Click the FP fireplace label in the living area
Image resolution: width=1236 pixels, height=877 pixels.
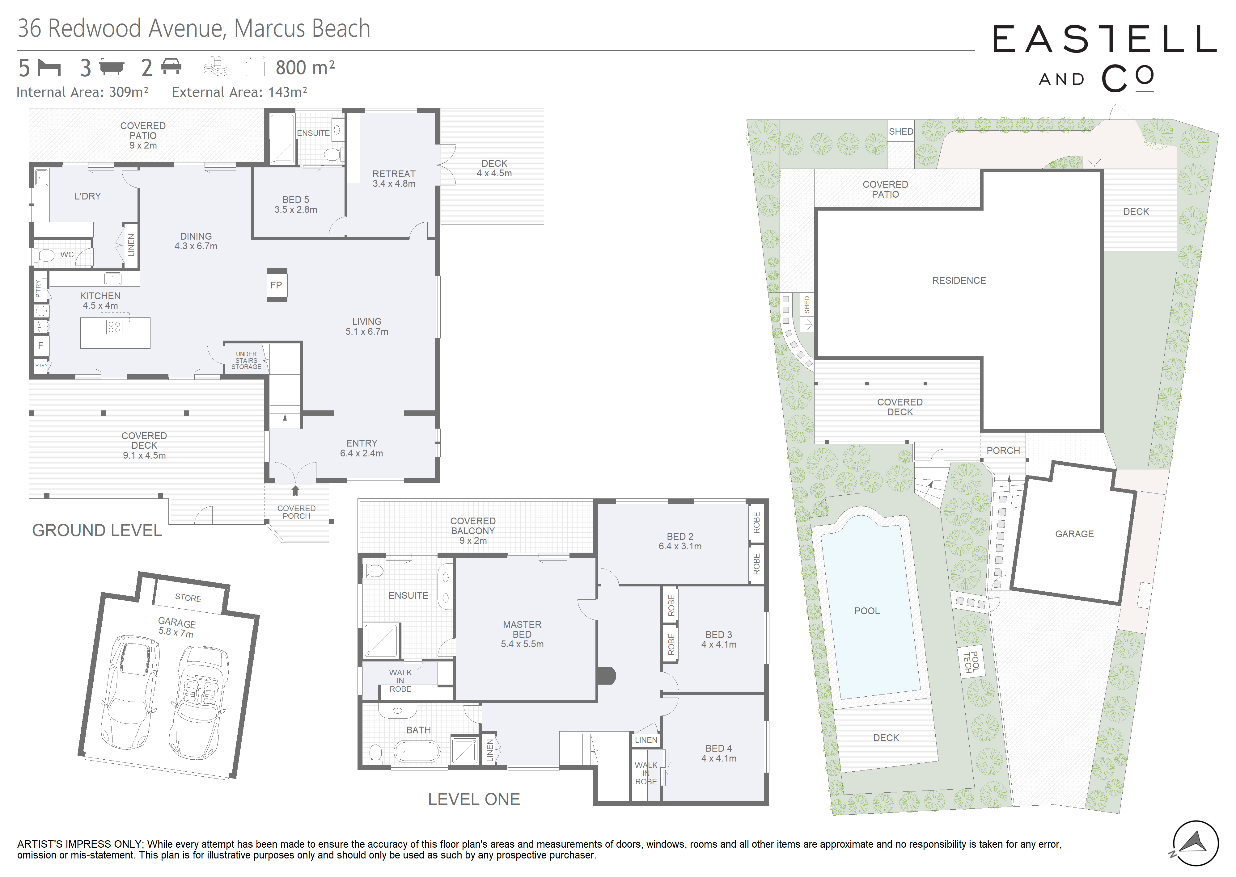pyautogui.click(x=276, y=285)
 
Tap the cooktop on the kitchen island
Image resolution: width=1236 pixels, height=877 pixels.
pyautogui.click(x=114, y=326)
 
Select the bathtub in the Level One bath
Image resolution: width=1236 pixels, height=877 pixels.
pyautogui.click(x=417, y=751)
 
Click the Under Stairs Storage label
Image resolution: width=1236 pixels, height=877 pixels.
pyautogui.click(x=246, y=360)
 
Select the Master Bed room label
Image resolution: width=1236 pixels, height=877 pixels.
pyautogui.click(x=522, y=634)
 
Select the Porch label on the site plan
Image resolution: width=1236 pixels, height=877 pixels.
pyautogui.click(x=1003, y=450)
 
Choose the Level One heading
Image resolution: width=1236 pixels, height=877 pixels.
pyautogui.click(x=474, y=799)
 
